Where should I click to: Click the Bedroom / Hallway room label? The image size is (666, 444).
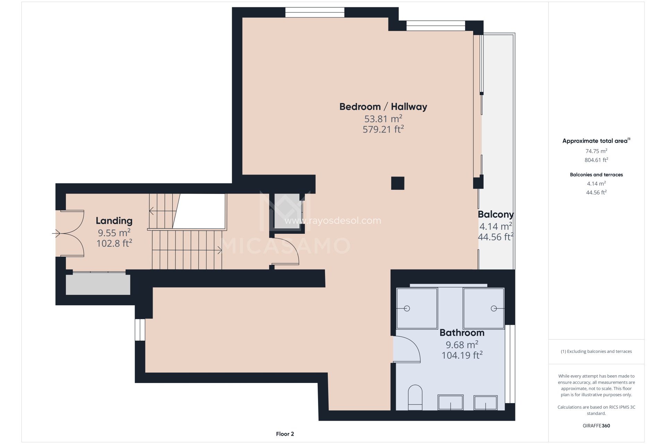[x=383, y=107]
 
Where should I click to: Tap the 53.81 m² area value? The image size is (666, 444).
[x=383, y=119]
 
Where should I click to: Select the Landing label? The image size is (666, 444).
[x=114, y=221]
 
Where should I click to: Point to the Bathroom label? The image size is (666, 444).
[x=462, y=333]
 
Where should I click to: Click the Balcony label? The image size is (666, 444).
[x=496, y=215]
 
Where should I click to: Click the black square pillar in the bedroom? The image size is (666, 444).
[x=398, y=183]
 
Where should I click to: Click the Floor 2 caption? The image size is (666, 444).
[x=285, y=434]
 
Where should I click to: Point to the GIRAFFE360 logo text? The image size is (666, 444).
[x=596, y=426]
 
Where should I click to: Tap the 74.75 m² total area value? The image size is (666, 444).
[x=596, y=151]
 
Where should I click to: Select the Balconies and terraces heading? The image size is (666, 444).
[x=596, y=175]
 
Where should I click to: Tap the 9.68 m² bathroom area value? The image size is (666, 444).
[x=462, y=345]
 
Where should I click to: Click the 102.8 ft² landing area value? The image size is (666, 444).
[x=114, y=244]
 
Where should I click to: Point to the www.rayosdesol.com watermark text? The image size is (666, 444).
[x=333, y=221]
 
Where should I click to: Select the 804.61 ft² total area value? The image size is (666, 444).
[x=596, y=160]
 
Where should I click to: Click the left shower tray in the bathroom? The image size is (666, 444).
[x=417, y=308]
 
